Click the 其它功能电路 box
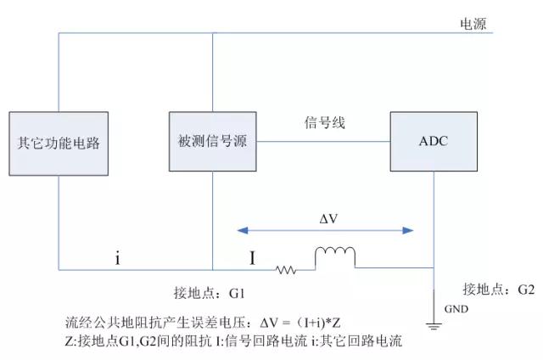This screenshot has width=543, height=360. [x=59, y=142]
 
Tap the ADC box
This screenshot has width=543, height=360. [x=433, y=141]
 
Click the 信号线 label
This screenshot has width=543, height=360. [x=325, y=124]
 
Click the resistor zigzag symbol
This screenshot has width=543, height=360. [x=285, y=270]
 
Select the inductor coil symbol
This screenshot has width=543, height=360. [x=335, y=257]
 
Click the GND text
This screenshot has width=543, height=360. [x=456, y=310]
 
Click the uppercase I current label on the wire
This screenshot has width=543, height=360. [x=251, y=256]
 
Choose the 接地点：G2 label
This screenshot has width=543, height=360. [x=499, y=289]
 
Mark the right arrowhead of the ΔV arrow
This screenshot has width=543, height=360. [x=410, y=230]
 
